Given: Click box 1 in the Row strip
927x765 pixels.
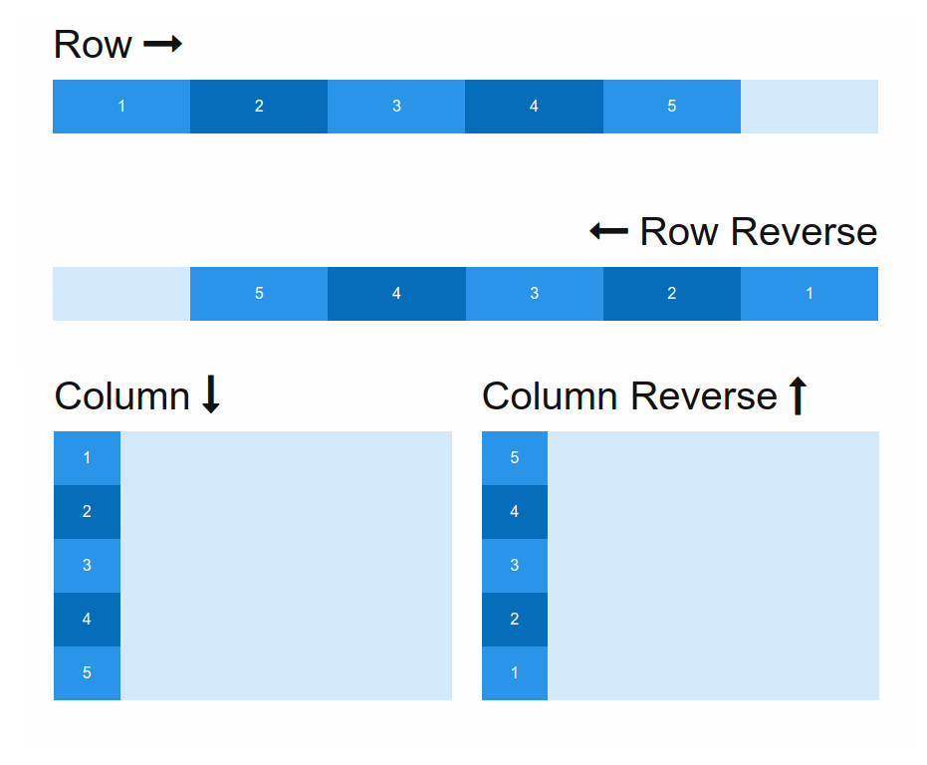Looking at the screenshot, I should point(121,107).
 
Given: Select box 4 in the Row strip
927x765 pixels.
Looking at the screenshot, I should point(534,107).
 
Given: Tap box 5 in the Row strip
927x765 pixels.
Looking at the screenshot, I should point(671,107).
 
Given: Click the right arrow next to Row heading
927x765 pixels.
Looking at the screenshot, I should point(162,44).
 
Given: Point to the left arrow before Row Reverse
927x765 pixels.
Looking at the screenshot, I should point(608,231).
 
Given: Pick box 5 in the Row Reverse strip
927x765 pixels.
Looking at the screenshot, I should point(259,294).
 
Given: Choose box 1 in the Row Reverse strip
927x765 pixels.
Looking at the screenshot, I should point(809,294).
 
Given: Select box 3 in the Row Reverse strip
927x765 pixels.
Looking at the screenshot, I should point(535,294).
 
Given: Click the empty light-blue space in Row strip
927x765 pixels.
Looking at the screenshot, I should point(809,107).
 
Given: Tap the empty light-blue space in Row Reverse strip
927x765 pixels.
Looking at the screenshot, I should point(121,294).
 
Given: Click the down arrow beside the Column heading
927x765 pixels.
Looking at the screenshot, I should point(210,394).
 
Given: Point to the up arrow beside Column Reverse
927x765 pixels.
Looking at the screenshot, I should point(797,395).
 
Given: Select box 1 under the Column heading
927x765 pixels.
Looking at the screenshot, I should point(87,458).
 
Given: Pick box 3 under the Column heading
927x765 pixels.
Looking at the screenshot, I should point(87,566).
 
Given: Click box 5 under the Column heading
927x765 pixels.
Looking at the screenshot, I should point(87,673).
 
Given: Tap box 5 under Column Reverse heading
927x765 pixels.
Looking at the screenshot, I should point(515,458).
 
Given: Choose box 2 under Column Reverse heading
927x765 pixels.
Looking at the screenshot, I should point(515,620).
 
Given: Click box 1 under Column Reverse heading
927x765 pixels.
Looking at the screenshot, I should point(515,673).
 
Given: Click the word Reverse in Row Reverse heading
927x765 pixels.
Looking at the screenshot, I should point(803,232).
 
